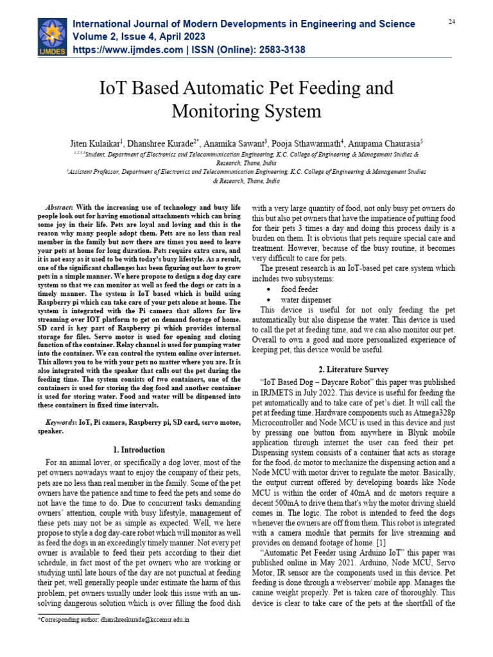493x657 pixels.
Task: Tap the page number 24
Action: (451, 22)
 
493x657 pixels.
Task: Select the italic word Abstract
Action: (61, 209)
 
